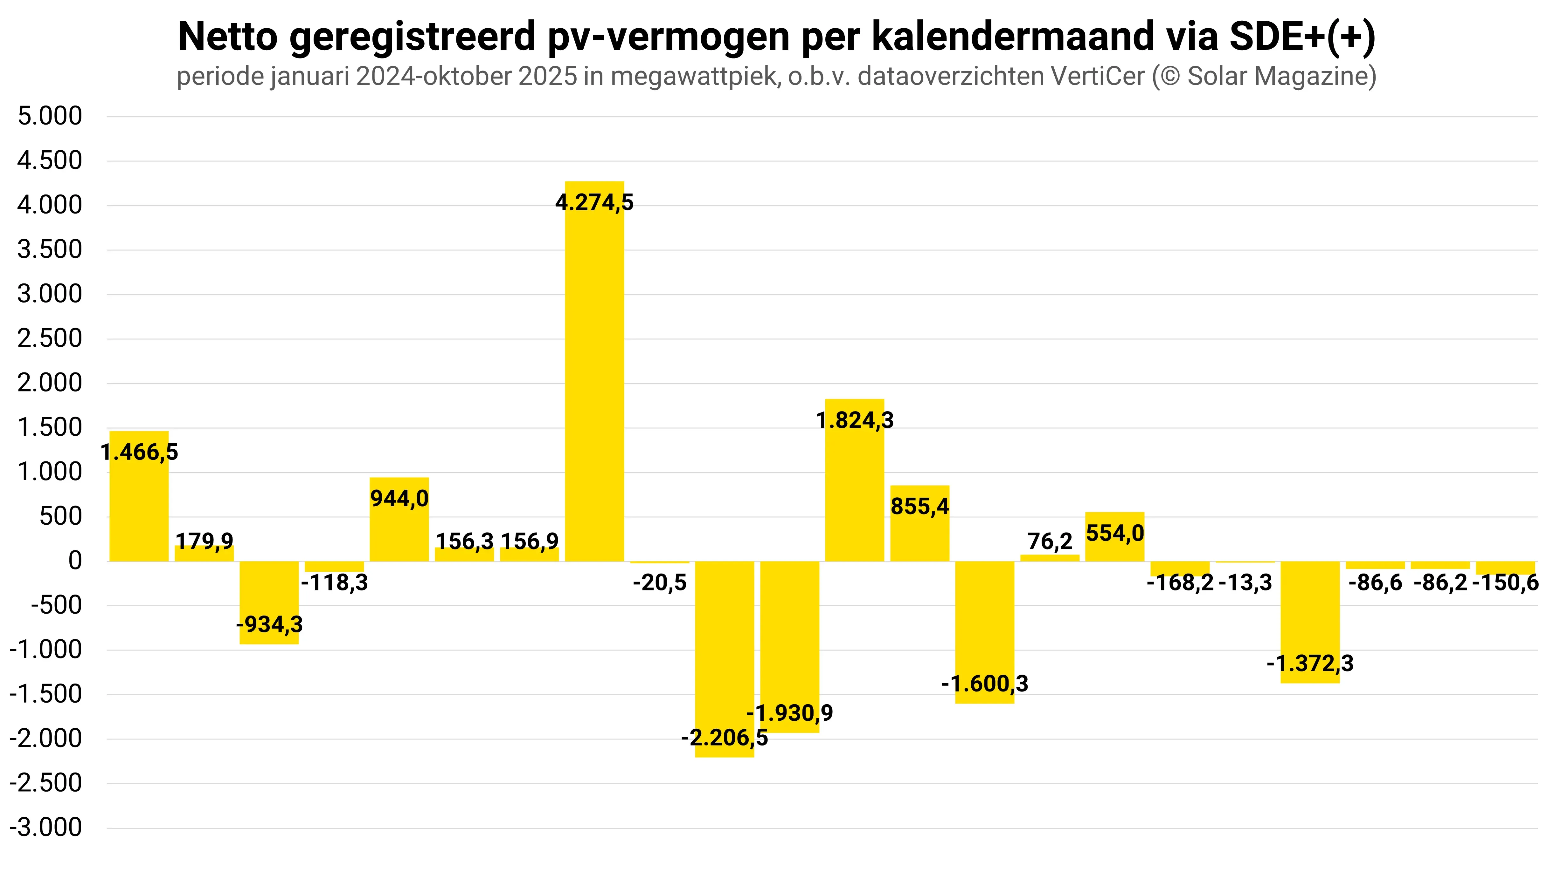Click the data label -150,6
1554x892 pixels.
click(1505, 582)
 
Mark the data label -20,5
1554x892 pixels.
click(660, 582)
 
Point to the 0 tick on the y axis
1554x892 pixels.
click(75, 561)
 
